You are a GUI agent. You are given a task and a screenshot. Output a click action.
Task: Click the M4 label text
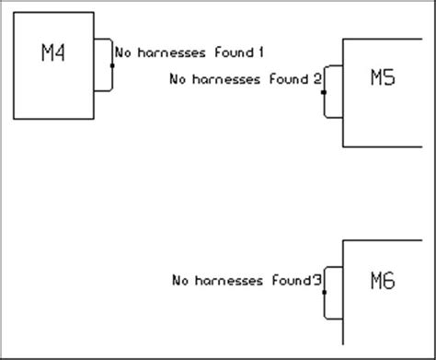click(54, 53)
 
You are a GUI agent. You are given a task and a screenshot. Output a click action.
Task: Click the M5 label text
click(383, 78)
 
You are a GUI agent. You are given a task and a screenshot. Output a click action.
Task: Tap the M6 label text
click(383, 281)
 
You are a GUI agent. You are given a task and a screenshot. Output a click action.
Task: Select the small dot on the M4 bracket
click(112, 65)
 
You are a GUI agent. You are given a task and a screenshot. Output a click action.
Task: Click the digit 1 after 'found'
click(261, 52)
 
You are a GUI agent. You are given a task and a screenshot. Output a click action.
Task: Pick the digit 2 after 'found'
click(316, 79)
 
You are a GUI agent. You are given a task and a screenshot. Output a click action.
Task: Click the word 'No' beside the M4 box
click(120, 52)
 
